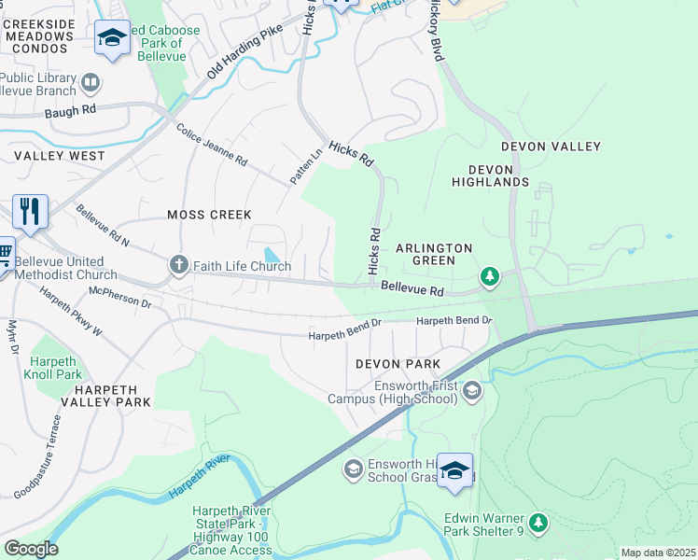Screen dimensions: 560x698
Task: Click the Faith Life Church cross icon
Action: point(178,266)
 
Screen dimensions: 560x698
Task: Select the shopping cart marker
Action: point(5,251)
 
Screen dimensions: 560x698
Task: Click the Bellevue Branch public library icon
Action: point(91,84)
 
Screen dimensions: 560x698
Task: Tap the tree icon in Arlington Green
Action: point(489,276)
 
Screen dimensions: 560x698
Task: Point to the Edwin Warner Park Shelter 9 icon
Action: point(537,524)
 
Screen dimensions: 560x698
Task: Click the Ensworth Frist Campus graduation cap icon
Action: point(471,391)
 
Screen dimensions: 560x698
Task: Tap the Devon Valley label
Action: point(551,147)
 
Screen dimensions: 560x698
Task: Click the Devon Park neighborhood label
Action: point(397,363)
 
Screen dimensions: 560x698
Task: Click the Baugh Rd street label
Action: point(71,110)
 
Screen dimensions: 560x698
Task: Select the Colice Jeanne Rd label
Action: point(211,146)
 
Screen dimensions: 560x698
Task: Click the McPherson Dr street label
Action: point(119,298)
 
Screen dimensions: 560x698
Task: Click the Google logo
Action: point(31,548)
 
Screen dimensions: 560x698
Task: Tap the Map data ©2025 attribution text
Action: point(658,553)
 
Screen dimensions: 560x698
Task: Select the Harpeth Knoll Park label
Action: point(56,368)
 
